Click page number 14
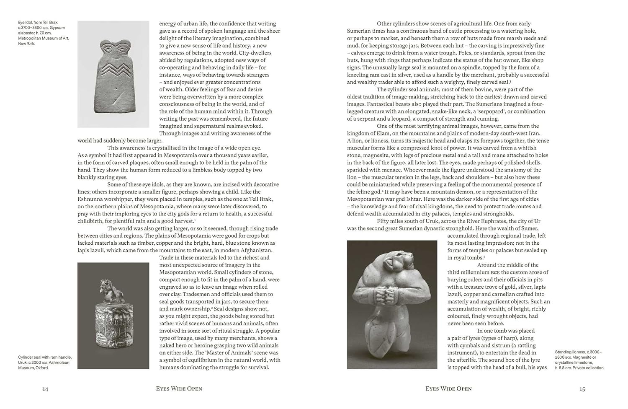click(x=45, y=389)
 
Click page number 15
click(x=582, y=389)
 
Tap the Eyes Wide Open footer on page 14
click(x=179, y=389)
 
